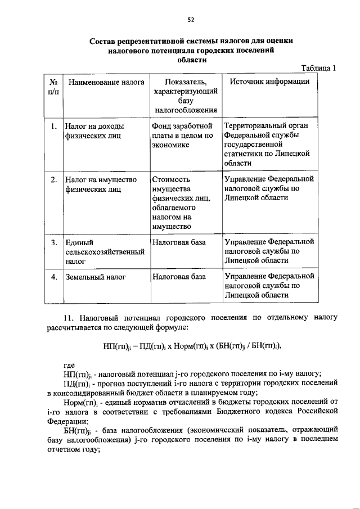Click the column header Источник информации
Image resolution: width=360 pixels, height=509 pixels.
coord(269,82)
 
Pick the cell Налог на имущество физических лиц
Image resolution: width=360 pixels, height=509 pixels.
coord(101,184)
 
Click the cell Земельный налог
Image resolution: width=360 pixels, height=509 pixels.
coord(95,277)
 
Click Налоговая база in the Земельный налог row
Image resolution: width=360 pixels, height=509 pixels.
coord(178,277)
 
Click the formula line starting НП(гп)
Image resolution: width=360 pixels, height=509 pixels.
coord(192,345)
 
